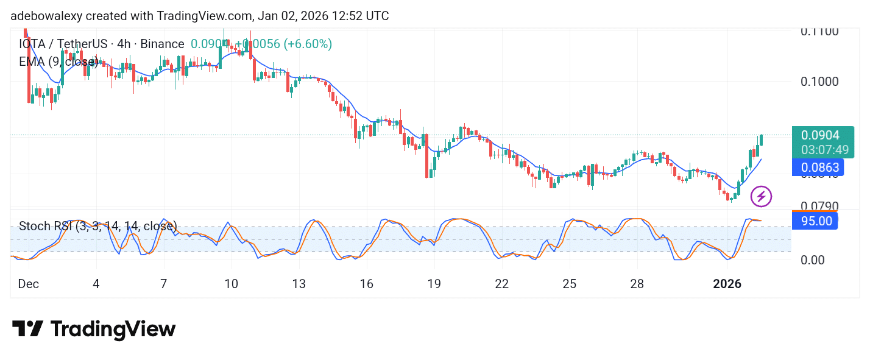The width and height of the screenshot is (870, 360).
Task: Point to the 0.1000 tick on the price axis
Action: tap(819, 82)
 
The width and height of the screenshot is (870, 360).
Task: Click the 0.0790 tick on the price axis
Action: tap(819, 206)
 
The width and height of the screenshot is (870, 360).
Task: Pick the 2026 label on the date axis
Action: tap(727, 284)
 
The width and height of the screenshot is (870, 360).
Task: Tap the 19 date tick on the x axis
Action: tap(434, 284)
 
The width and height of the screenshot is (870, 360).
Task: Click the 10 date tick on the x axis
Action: tap(231, 284)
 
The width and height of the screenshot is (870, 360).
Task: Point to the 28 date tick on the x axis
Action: tap(637, 284)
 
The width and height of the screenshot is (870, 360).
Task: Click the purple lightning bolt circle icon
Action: tap(761, 196)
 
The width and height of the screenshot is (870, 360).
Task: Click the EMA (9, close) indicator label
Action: tap(58, 62)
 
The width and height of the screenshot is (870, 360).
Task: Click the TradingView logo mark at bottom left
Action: tap(27, 330)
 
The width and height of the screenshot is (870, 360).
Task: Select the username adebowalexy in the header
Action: tap(46, 16)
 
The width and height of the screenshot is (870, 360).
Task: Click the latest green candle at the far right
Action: tap(760, 140)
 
